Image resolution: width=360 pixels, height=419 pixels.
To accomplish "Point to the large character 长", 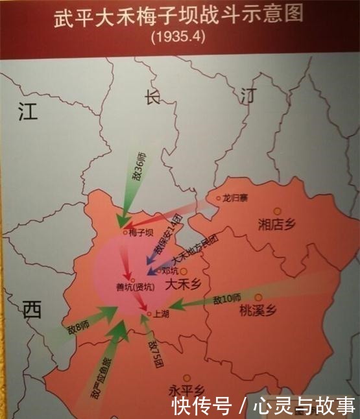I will (152, 97).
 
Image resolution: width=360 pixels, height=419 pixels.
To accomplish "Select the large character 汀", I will (248, 96).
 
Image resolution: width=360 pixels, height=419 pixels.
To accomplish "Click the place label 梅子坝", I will (141, 232).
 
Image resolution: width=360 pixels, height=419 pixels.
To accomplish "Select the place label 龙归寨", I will (235, 198).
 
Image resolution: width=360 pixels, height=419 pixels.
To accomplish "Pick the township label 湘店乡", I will (276, 225).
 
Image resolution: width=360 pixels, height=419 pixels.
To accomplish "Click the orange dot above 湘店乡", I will (277, 211).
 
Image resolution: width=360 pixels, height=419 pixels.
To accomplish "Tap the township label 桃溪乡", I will (258, 311).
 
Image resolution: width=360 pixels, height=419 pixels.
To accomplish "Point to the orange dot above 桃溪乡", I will (258, 297).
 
